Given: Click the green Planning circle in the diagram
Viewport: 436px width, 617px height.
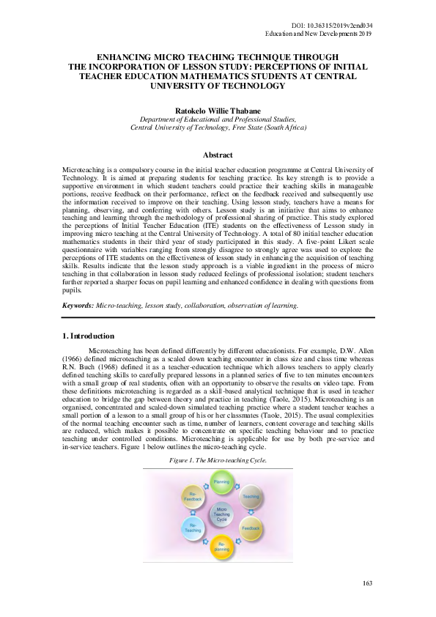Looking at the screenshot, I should [221, 482].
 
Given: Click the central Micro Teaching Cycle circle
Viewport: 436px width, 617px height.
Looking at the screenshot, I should [221, 514].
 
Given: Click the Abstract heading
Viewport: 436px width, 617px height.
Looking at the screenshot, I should [218, 155].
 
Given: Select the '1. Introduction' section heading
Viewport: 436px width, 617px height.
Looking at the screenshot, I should [87, 336].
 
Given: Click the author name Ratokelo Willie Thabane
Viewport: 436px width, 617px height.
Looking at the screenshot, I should [218, 108].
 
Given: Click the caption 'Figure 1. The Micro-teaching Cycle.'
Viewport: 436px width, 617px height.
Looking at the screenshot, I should [218, 459].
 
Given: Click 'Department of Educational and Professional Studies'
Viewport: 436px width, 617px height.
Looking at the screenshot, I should [218, 118].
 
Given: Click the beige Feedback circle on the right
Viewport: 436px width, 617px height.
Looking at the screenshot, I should [251, 527].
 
